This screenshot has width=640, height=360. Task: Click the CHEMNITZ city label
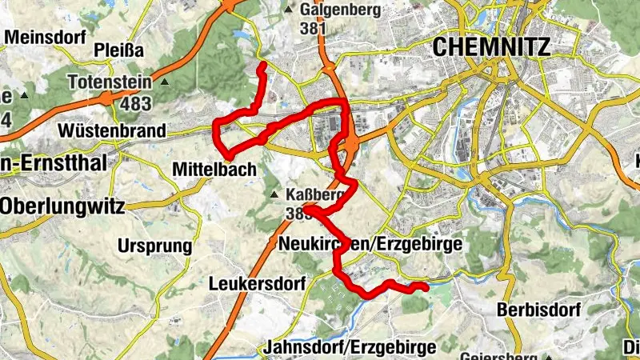pyautogui.click(x=491, y=47)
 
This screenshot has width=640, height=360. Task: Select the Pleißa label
pyautogui.click(x=120, y=50)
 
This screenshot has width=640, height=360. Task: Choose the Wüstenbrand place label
pyautogui.click(x=111, y=130)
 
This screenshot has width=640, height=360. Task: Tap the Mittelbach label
pyautogui.click(x=214, y=170)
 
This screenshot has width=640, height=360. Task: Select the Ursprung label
pyautogui.click(x=156, y=245)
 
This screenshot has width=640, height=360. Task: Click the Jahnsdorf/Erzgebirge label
pyautogui.click(x=349, y=347)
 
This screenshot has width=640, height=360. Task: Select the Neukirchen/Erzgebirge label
pyautogui.click(x=370, y=244)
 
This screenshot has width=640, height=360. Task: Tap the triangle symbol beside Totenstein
pyautogui.click(x=165, y=82)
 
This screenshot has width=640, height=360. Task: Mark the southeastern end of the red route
pyautogui.click(x=426, y=286)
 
